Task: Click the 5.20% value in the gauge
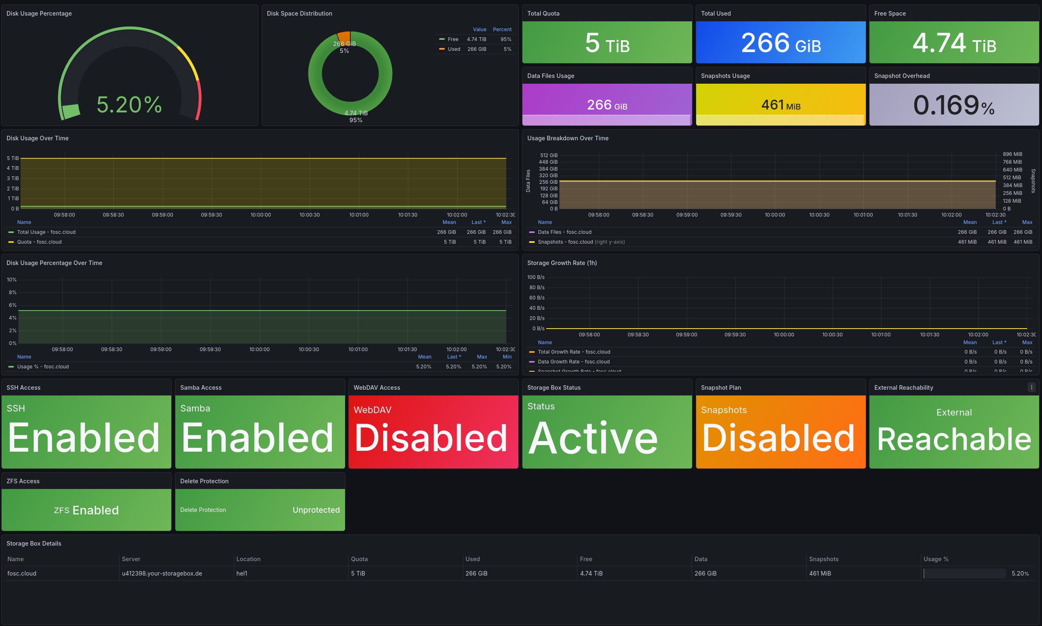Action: point(129,105)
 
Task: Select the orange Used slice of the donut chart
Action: point(344,37)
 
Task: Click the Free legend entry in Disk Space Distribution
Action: point(453,39)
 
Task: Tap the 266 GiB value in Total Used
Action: point(781,43)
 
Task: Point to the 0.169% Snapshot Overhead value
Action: point(953,105)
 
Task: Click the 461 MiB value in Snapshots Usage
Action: point(781,105)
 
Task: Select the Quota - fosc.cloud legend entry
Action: point(39,242)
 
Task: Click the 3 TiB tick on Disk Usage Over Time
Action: point(13,178)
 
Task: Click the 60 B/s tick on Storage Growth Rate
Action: point(537,298)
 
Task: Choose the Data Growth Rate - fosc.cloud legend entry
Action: point(573,362)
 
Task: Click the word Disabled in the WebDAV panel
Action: point(431,439)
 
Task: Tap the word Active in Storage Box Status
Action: point(593,439)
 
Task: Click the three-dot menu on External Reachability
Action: point(1031,387)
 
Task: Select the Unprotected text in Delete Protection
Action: point(316,510)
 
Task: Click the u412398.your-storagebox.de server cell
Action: point(162,573)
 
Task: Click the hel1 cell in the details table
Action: point(242,573)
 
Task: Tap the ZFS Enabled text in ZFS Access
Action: point(87,510)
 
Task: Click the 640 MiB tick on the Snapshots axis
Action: point(1012,170)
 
